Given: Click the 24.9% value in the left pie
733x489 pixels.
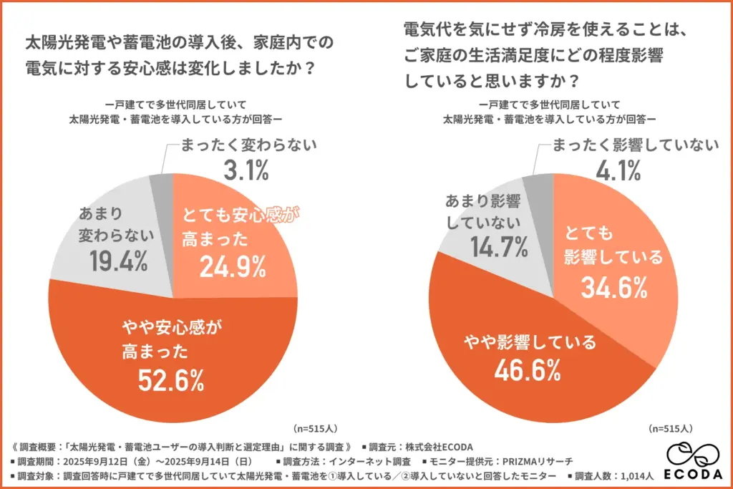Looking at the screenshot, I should (x=233, y=266).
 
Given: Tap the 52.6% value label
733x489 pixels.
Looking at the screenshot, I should (x=171, y=379).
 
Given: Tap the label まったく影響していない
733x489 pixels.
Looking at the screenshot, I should (x=634, y=145).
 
